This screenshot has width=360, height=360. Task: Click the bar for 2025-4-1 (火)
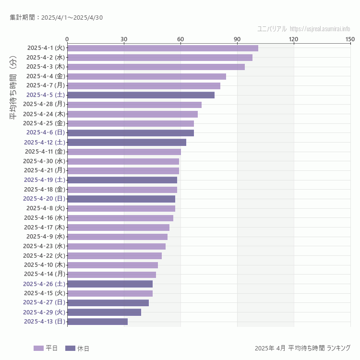coord(162,48)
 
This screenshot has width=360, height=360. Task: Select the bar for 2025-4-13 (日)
coord(97,322)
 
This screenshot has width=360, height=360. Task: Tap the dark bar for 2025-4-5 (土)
coord(141,95)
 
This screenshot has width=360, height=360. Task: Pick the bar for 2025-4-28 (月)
coord(134,104)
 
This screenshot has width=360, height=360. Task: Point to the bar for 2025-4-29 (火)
coord(104,312)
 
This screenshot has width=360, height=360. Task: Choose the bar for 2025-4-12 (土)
coord(127,142)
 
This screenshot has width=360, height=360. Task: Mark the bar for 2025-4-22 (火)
coord(114,255)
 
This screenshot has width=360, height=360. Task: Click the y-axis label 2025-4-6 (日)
coord(46,132)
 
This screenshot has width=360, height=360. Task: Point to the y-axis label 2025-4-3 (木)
coord(46,67)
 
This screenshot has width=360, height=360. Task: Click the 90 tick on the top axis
coord(237,39)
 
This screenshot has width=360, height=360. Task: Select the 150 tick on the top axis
coord(350,39)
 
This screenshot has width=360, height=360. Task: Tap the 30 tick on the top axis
coord(124,39)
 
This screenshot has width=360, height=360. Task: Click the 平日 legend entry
coord(46,348)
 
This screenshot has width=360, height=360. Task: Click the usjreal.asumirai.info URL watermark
coord(320,29)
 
